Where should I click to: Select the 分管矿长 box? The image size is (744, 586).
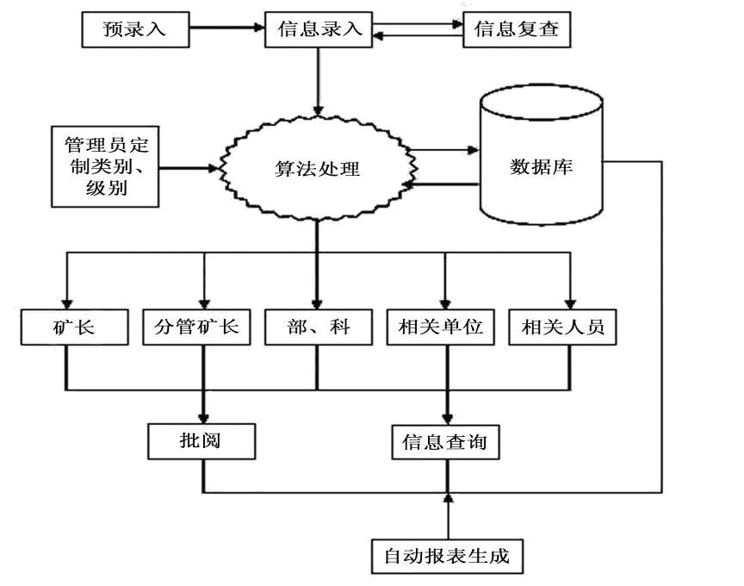[202, 327]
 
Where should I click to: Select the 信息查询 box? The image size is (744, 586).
[444, 442]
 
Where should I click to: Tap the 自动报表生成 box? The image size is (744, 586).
[447, 555]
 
